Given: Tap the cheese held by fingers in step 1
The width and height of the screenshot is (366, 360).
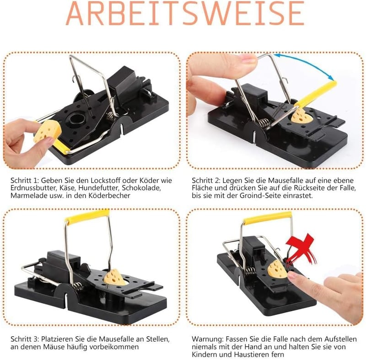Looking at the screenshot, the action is point(48,132).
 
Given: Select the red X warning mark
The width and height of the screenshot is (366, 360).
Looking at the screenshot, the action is point(301,249).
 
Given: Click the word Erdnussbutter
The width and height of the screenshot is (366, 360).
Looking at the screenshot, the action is point(32,188).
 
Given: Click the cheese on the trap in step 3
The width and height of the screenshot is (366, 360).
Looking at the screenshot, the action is point(115,277).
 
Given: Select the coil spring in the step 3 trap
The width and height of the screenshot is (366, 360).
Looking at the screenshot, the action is point(79,287).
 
